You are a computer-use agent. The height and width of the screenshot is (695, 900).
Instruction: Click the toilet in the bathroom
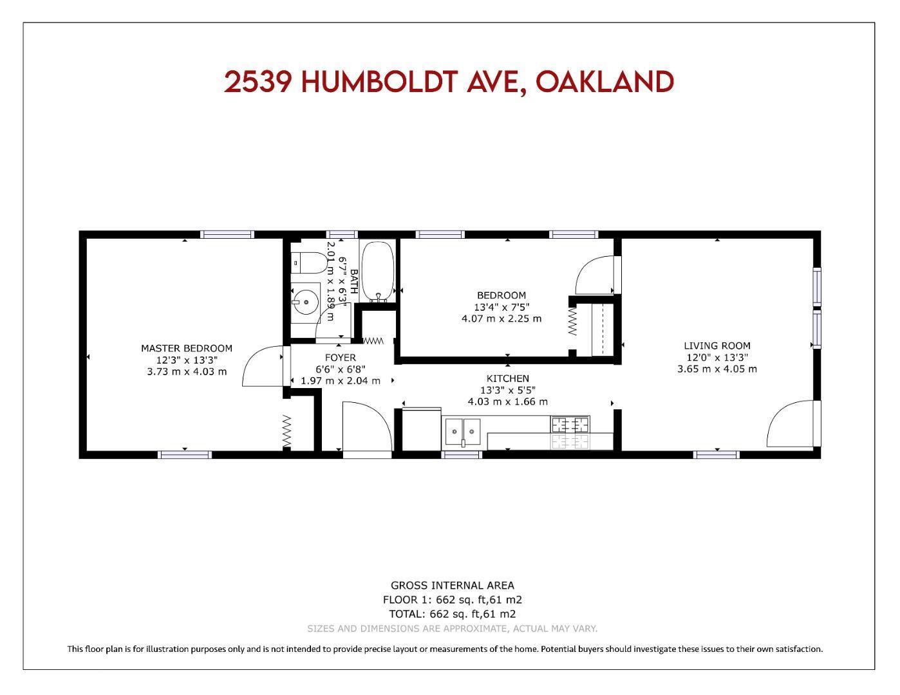point(309,263)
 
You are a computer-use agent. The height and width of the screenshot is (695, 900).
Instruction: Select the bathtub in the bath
point(378,272)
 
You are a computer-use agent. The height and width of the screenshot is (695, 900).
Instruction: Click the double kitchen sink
point(463,432)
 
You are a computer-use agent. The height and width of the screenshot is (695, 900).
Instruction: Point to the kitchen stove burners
point(570,432)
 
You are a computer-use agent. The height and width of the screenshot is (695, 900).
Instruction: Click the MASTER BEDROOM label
point(187,349)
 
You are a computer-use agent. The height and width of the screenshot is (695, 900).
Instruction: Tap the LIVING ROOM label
point(717,346)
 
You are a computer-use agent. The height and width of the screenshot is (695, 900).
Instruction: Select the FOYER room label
point(341,358)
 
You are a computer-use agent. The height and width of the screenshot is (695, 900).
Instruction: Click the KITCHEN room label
point(508,378)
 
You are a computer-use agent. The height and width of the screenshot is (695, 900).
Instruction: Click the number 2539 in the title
point(258,82)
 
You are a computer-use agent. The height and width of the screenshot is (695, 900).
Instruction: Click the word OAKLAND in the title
point(605,82)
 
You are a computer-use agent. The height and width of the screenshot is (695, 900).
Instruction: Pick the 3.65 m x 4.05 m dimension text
point(717,369)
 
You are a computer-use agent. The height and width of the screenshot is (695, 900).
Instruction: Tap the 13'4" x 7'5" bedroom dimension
point(502,307)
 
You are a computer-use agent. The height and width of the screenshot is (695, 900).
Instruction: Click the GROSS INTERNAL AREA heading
point(453,586)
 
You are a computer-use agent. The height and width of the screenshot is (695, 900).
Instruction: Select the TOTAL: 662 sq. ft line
point(453,614)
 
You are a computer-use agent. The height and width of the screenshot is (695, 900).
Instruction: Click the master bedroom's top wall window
point(227,234)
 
